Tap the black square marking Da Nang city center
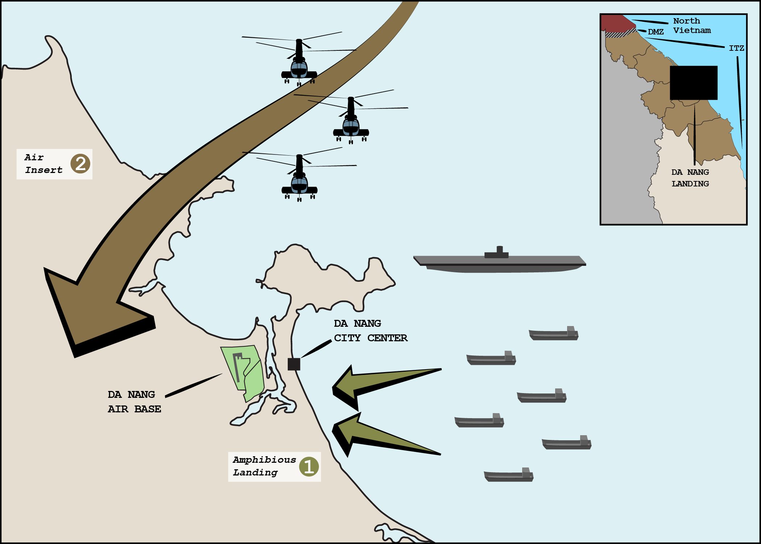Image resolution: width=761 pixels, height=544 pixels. point(294,364)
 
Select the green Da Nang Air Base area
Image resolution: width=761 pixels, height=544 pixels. point(243,370)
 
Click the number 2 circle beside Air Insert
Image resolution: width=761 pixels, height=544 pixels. point(80,164)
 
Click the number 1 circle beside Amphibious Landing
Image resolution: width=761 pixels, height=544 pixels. point(309,467)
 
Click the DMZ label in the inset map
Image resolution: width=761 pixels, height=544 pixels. point(656,32)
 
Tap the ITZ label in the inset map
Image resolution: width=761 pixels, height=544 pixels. point(736,48)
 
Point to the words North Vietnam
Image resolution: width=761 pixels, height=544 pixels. point(691,26)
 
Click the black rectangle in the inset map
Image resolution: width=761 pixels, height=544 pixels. point(693,83)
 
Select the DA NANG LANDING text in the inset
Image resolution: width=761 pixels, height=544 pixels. point(690,178)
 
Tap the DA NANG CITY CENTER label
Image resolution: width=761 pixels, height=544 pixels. point(370,331)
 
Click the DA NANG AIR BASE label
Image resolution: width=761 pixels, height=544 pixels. point(134,401)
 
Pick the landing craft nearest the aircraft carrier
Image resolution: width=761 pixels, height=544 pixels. point(553,334)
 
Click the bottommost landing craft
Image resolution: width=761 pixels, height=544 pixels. point(508,475)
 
